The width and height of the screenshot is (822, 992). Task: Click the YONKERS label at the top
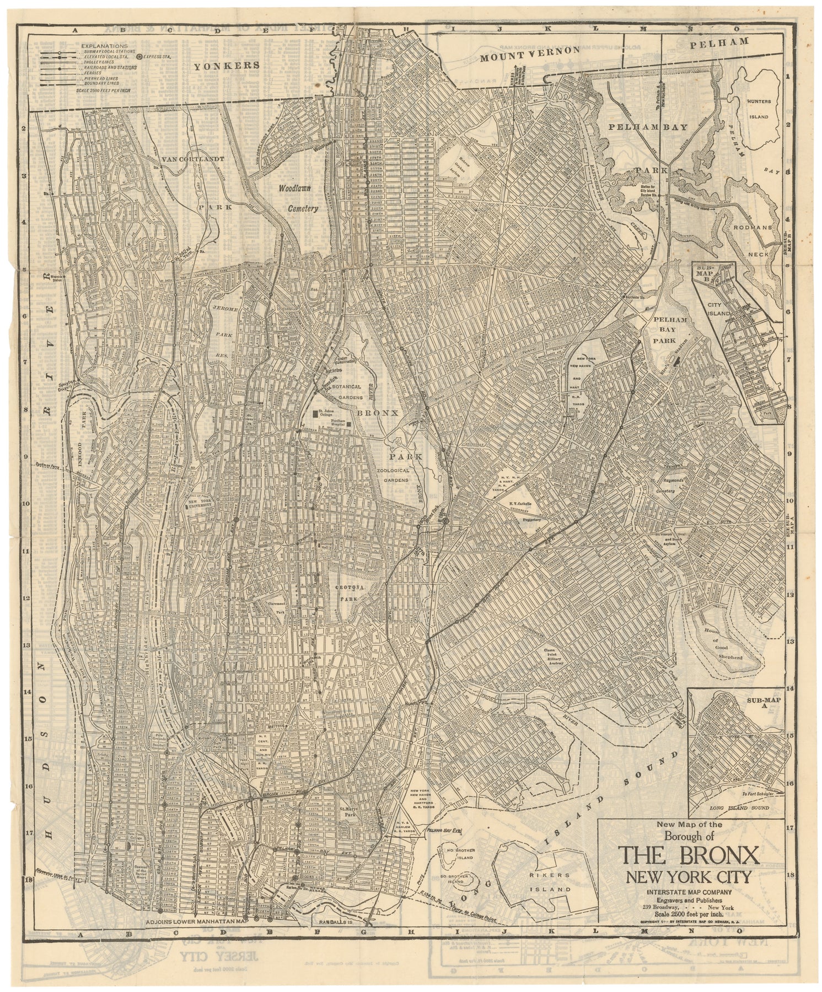(226, 65)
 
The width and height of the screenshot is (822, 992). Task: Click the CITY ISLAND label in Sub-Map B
(721, 309)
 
